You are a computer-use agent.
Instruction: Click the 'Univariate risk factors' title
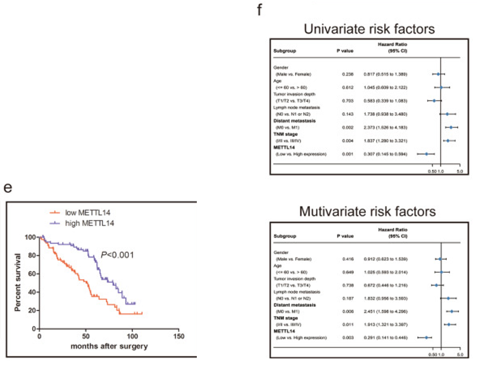tap(369, 30)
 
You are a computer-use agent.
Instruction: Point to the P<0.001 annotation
tap(117, 255)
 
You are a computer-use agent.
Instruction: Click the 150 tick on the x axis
tap(179, 337)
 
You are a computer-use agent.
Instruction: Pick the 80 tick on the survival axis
tap(31, 256)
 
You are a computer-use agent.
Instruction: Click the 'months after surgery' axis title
tap(109, 347)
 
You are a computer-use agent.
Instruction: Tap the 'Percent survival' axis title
tap(17, 282)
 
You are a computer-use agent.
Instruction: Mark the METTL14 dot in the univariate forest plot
tap(426, 154)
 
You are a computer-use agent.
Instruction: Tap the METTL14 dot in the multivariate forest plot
tap(426, 337)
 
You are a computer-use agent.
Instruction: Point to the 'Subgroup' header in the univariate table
tap(284, 51)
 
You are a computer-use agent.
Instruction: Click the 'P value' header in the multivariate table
tap(345, 236)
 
